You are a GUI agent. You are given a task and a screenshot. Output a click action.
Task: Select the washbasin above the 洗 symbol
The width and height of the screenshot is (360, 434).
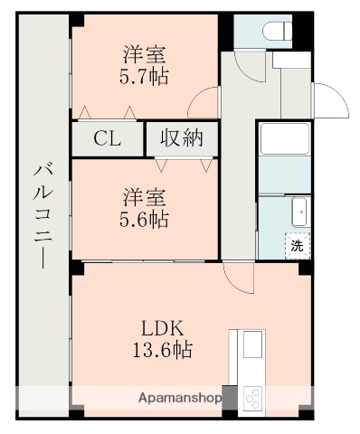(298, 214)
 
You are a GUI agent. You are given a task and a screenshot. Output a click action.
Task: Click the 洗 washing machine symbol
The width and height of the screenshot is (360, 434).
(297, 244)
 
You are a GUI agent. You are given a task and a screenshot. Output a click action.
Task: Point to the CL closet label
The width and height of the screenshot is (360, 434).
(108, 139)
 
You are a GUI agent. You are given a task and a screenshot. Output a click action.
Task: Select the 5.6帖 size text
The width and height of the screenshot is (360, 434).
(145, 218)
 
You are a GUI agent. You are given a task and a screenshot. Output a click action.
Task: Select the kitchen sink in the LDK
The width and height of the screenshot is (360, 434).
(251, 344)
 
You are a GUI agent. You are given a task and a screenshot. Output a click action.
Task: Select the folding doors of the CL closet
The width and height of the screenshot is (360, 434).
(108, 113)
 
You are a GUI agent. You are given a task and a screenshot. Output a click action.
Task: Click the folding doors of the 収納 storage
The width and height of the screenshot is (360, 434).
(185, 165)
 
